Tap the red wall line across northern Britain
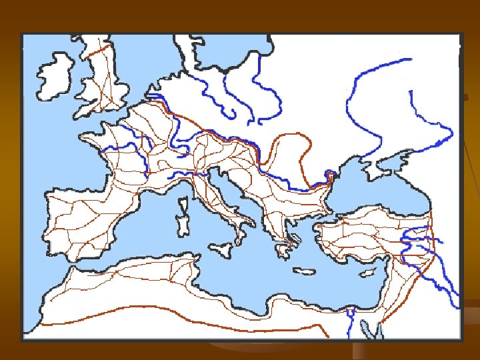point(100,49)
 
